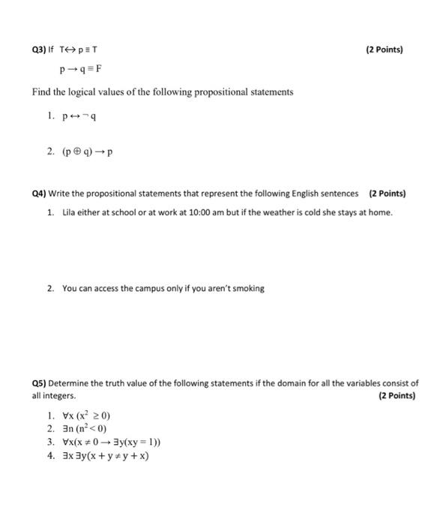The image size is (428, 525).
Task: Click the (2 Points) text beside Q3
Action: click(384, 50)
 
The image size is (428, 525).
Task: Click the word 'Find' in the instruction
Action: click(41, 92)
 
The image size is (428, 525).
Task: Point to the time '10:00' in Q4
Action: click(205, 212)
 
